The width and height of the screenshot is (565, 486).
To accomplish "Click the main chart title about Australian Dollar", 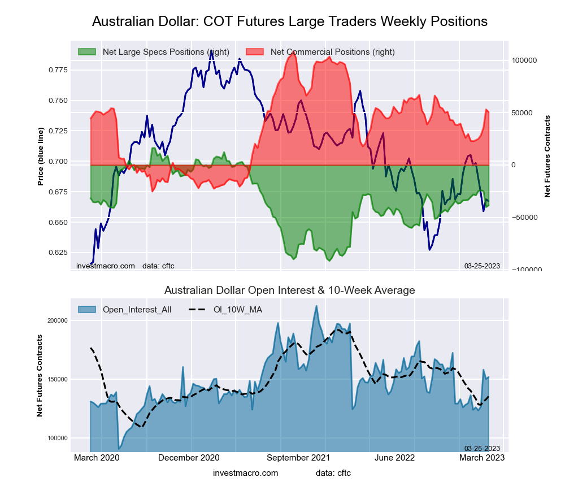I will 289,21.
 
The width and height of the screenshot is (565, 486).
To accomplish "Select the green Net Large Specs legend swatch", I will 87,52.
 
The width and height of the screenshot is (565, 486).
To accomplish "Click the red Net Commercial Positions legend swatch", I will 255,52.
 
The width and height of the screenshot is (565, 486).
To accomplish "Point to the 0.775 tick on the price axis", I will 56,70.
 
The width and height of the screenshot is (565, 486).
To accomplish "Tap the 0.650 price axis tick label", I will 56,223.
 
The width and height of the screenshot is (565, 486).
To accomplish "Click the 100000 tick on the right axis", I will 523,60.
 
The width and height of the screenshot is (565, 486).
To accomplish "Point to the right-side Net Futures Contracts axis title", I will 547,157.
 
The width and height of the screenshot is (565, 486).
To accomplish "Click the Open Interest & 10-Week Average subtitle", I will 289,290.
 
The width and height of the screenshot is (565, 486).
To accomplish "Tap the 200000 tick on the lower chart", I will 56,320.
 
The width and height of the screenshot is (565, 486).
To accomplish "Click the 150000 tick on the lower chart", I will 56,379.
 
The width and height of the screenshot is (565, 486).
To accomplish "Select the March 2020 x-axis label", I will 98,457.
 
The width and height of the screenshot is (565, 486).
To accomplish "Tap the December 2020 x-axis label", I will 189,457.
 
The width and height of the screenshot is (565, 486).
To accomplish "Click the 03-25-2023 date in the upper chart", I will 482,266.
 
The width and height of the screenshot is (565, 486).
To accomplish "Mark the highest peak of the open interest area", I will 316,306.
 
